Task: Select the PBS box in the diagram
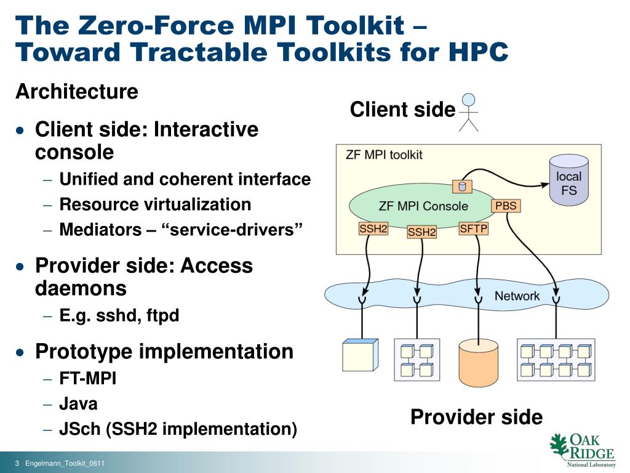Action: [x=506, y=206]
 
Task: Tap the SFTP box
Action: [x=474, y=229]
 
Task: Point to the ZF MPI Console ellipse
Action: [x=423, y=206]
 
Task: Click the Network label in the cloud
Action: [x=517, y=296]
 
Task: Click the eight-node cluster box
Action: [x=556, y=360]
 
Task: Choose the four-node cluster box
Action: [x=417, y=360]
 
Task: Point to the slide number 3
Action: [x=18, y=463]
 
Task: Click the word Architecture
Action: [x=77, y=92]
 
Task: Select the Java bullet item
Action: [x=78, y=404]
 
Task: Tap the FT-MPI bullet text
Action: [x=87, y=378]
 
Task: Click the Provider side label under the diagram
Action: [x=476, y=417]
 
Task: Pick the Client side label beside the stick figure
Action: [x=402, y=110]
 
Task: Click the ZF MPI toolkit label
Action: [x=384, y=154]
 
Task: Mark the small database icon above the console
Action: [x=461, y=186]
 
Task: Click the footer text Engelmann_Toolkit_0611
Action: [x=65, y=463]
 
